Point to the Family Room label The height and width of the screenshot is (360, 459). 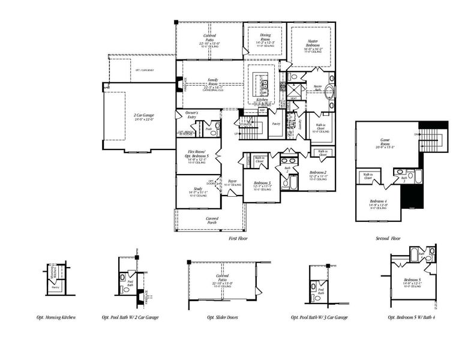[x=212, y=82]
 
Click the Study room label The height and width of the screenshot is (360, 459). [x=199, y=188]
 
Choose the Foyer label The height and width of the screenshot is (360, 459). [x=232, y=181]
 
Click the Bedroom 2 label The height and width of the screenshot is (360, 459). [x=317, y=173]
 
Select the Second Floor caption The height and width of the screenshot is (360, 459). [x=388, y=238]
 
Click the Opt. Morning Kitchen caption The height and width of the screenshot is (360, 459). [x=56, y=317]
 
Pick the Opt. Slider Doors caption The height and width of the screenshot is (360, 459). [x=223, y=317]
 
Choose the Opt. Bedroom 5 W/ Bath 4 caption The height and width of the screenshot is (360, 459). [x=412, y=317]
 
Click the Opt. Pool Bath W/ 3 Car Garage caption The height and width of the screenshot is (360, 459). [x=319, y=317]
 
